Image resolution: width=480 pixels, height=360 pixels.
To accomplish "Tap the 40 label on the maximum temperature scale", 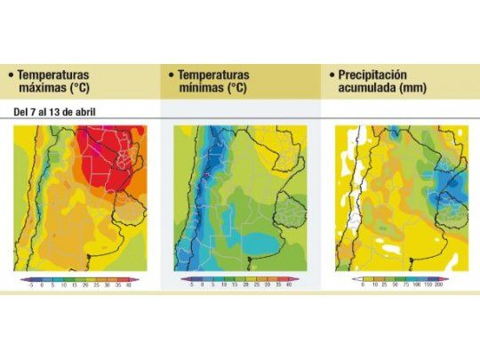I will pos(128,286).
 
